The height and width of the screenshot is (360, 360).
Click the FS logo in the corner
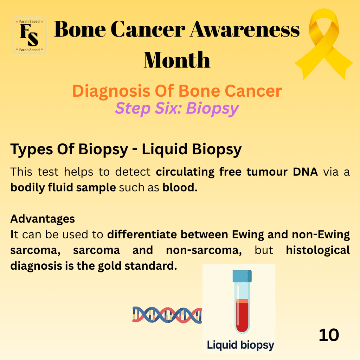(x=30, y=36)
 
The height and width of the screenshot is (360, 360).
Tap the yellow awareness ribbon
(x=324, y=44)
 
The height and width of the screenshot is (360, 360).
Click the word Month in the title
(x=177, y=60)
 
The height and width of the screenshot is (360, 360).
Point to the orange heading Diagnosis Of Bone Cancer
(x=177, y=91)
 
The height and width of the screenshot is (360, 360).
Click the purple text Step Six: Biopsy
(x=177, y=108)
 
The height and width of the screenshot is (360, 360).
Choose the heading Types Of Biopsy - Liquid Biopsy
(x=126, y=149)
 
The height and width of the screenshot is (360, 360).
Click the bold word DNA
(x=305, y=172)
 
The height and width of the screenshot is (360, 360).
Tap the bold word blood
(x=180, y=187)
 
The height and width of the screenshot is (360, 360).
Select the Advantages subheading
(x=43, y=219)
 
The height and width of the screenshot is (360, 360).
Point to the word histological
(x=318, y=250)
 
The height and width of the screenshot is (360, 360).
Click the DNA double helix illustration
(x=167, y=315)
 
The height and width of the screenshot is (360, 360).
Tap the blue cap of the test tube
(x=242, y=276)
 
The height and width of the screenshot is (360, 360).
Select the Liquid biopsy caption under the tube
(x=240, y=345)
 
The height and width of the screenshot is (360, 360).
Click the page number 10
(x=329, y=335)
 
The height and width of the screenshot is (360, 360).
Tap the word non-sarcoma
(x=204, y=250)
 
